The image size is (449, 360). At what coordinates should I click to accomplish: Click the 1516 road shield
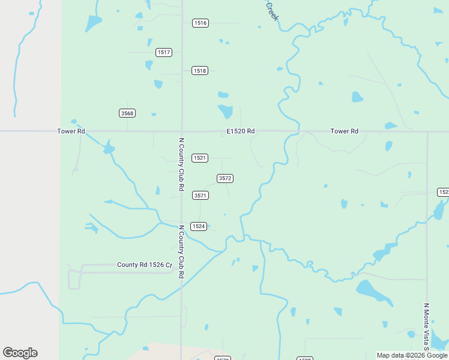click(200, 23)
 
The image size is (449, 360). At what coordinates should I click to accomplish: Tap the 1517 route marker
click(164, 52)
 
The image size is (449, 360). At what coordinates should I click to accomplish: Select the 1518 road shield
click(200, 71)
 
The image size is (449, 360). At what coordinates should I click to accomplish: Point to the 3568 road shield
click(127, 113)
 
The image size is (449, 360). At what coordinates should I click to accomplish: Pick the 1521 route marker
click(200, 158)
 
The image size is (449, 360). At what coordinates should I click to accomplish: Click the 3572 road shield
click(225, 178)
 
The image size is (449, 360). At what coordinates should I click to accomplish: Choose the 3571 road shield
click(200, 196)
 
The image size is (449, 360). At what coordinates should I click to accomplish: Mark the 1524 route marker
click(199, 226)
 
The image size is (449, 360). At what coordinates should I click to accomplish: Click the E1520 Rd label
click(241, 131)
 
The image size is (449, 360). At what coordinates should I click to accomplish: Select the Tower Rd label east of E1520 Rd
click(344, 131)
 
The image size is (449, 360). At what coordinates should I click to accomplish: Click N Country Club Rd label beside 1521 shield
click(181, 164)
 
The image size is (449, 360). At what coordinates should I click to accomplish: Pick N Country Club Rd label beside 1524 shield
click(181, 252)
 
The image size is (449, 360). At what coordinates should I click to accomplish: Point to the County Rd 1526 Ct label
click(144, 265)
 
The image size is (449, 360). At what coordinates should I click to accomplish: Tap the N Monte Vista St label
click(427, 327)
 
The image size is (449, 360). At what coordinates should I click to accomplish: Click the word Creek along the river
click(272, 11)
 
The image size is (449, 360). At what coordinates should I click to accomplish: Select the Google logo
click(20, 353)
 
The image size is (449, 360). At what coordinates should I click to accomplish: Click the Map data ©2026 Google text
click(411, 355)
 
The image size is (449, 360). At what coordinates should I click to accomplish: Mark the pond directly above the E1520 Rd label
click(225, 111)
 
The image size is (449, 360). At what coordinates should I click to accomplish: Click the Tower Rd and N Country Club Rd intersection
click(181, 131)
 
